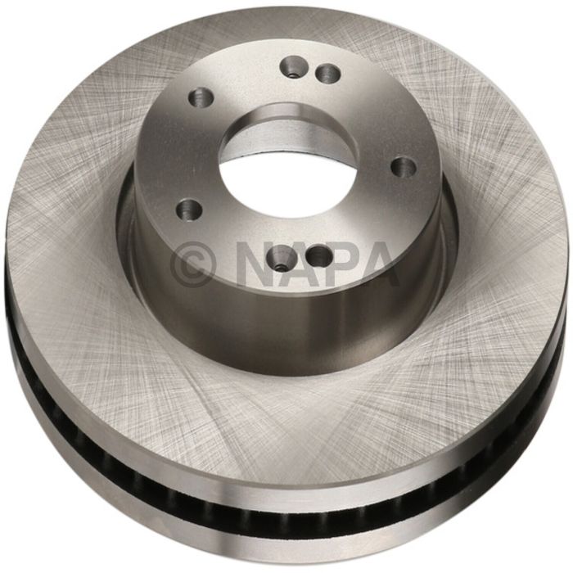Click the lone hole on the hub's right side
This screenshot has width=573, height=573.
(404, 167)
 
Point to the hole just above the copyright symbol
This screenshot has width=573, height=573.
(189, 210)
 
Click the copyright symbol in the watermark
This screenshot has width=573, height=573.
(193, 261)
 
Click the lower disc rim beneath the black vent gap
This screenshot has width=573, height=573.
(286, 536)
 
